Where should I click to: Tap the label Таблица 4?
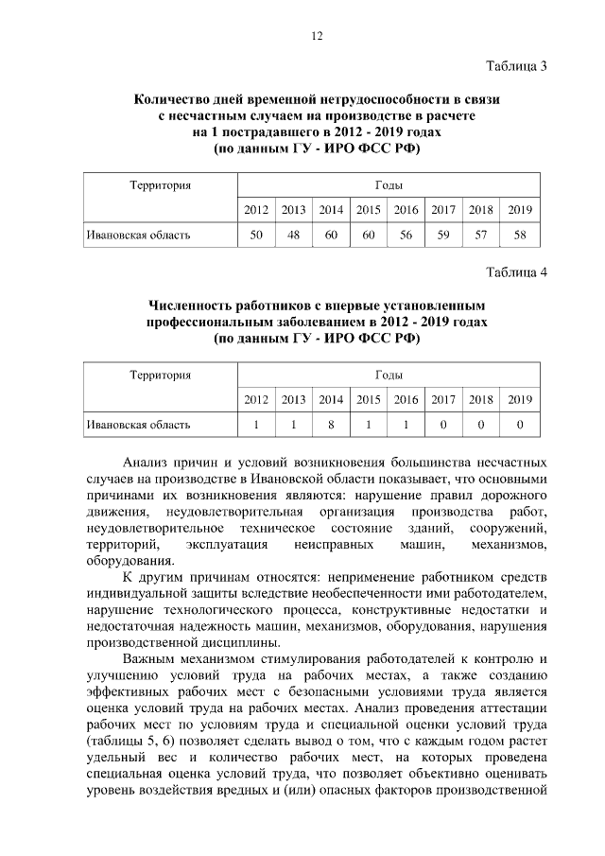516,274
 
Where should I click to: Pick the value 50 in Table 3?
255,235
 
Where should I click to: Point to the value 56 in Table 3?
406,235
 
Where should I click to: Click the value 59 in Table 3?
443,235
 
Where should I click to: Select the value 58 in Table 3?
520,235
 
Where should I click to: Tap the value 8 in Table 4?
331,425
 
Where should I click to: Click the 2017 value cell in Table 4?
443,425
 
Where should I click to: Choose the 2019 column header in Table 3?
520,209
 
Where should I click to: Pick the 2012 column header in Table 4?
255,399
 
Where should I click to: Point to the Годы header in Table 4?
388,376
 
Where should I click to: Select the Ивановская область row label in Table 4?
138,425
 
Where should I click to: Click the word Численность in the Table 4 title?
195,306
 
